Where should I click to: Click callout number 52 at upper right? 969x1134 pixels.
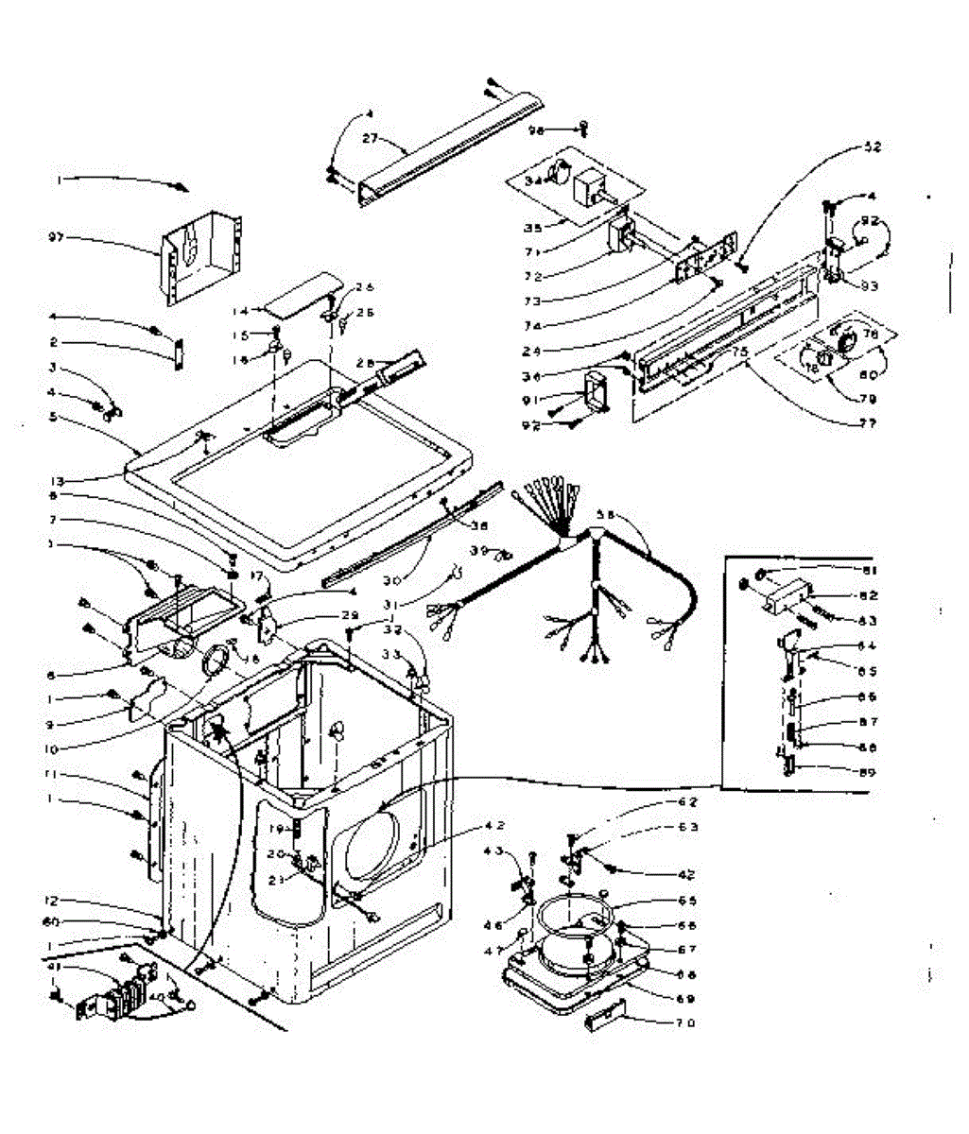pos(872,147)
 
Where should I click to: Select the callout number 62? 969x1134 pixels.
pos(687,802)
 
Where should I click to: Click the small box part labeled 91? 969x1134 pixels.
pos(598,390)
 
